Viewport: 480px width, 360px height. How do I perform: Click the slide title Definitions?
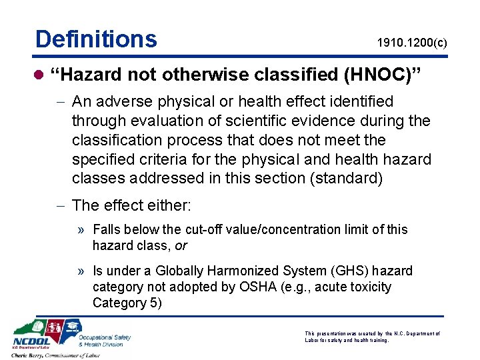pos(96,39)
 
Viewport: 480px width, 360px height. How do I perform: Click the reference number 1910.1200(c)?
pos(412,44)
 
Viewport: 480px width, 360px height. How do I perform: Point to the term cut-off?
pos(205,229)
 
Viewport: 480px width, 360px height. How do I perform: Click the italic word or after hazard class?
pos(181,246)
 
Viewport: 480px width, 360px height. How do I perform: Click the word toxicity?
pos(369,287)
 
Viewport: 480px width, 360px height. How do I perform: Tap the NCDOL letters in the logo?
pos(31,344)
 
